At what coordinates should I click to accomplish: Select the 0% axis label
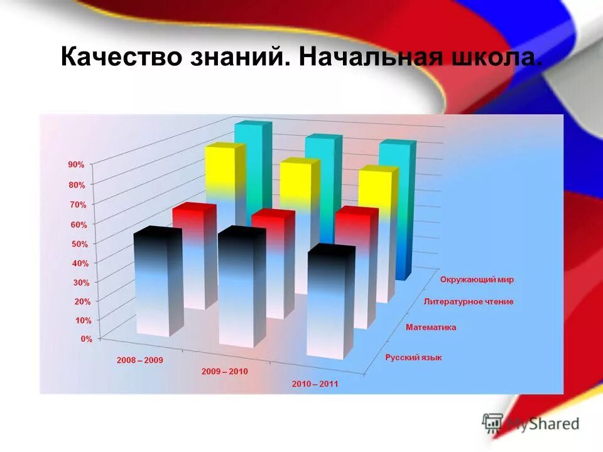tap(85, 339)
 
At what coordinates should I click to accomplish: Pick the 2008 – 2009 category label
tap(139, 361)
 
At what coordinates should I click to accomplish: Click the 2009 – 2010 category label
tap(224, 372)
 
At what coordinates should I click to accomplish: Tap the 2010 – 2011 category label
tap(315, 384)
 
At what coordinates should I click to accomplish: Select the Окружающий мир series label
tap(481, 279)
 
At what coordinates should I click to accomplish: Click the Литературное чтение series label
tap(469, 301)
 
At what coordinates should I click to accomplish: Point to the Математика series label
tap(431, 327)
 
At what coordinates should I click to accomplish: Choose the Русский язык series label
tap(413, 357)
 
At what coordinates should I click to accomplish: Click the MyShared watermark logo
tap(531, 423)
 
